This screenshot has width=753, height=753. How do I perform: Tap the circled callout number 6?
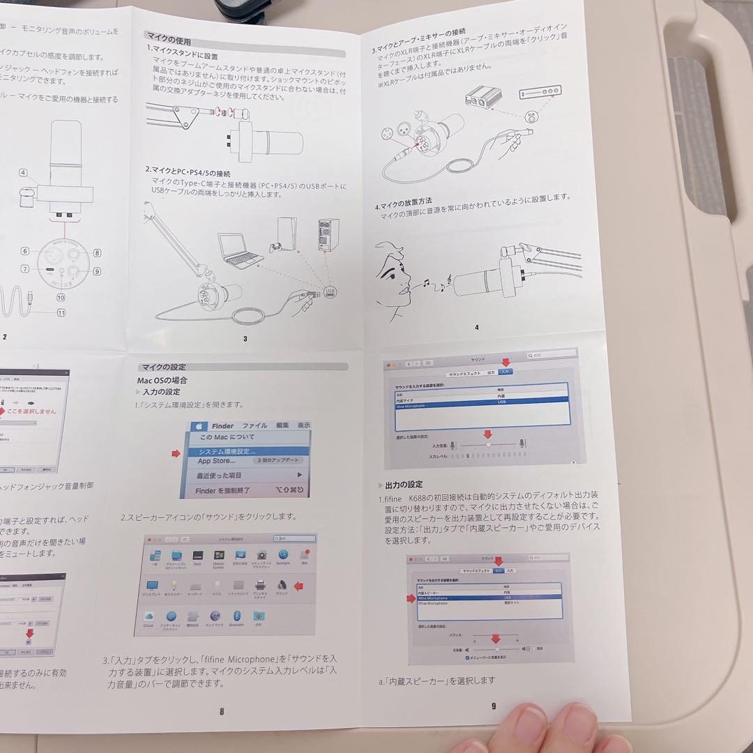click(x=25, y=251)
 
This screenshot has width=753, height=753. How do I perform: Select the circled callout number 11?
click(x=61, y=312)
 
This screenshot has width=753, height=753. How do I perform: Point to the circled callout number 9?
click(x=97, y=271)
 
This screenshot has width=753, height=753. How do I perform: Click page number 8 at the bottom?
click(x=222, y=711)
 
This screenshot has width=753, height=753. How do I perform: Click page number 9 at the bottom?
click(x=494, y=706)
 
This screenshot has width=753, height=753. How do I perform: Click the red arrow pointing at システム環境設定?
click(x=176, y=453)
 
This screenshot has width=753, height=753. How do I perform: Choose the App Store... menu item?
click(x=216, y=461)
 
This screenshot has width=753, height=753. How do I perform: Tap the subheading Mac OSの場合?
click(x=162, y=381)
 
